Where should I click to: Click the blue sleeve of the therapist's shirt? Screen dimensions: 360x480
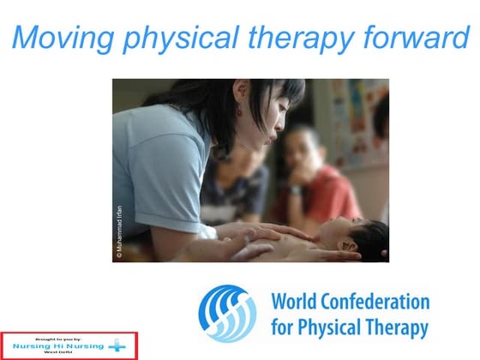click(x=154, y=163)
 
